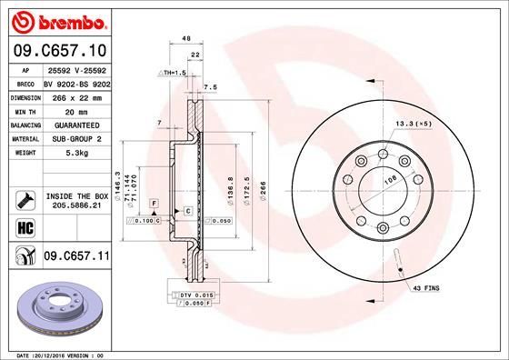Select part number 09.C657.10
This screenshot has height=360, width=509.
point(61,50)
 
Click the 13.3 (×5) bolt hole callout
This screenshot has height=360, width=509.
point(411,121)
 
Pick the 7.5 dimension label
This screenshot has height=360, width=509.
point(210,87)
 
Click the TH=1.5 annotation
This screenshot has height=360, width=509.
point(174,72)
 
